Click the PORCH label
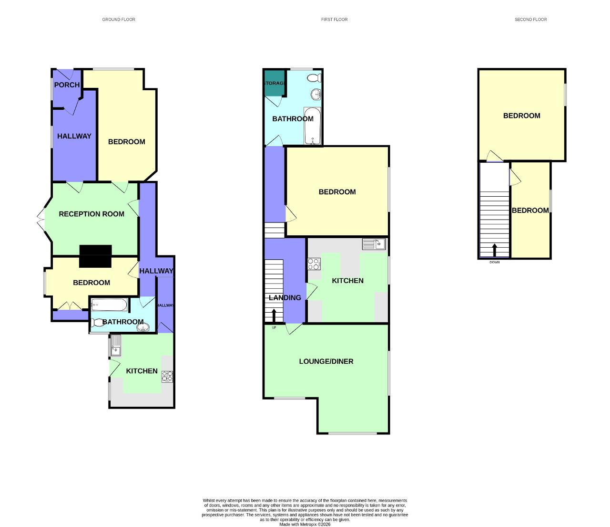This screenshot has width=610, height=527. pyautogui.click(x=67, y=85)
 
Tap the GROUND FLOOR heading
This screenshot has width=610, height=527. pyautogui.click(x=119, y=20)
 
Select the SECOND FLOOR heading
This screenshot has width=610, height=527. pyautogui.click(x=530, y=20)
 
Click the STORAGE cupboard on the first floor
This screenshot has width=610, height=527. pyautogui.click(x=274, y=83)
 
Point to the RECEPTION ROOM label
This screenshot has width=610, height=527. pyautogui.click(x=91, y=214)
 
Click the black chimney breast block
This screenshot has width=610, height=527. pyautogui.click(x=96, y=256)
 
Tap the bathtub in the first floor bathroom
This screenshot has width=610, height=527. pyautogui.click(x=312, y=126)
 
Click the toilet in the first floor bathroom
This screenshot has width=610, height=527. pyautogui.click(x=315, y=78)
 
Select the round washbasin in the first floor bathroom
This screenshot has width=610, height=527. pyautogui.click(x=316, y=95)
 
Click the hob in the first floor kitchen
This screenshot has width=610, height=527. pyautogui.click(x=314, y=264)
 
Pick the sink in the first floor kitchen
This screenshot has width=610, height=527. pyautogui.click(x=374, y=244)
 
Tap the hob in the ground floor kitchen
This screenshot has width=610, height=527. pyautogui.click(x=167, y=377)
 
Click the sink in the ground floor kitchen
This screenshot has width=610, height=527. pyautogui.click(x=116, y=345)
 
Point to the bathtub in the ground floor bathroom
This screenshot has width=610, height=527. pyautogui.click(x=109, y=305)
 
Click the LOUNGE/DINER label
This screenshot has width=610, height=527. pyautogui.click(x=326, y=361)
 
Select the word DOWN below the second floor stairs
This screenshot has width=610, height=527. pyautogui.click(x=495, y=262)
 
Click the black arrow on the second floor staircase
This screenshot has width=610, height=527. pyautogui.click(x=495, y=250)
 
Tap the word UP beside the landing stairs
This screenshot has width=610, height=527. pyautogui.click(x=274, y=327)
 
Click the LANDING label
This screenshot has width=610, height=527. pyautogui.click(x=285, y=298)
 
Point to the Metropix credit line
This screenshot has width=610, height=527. pyautogui.click(x=305, y=524)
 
